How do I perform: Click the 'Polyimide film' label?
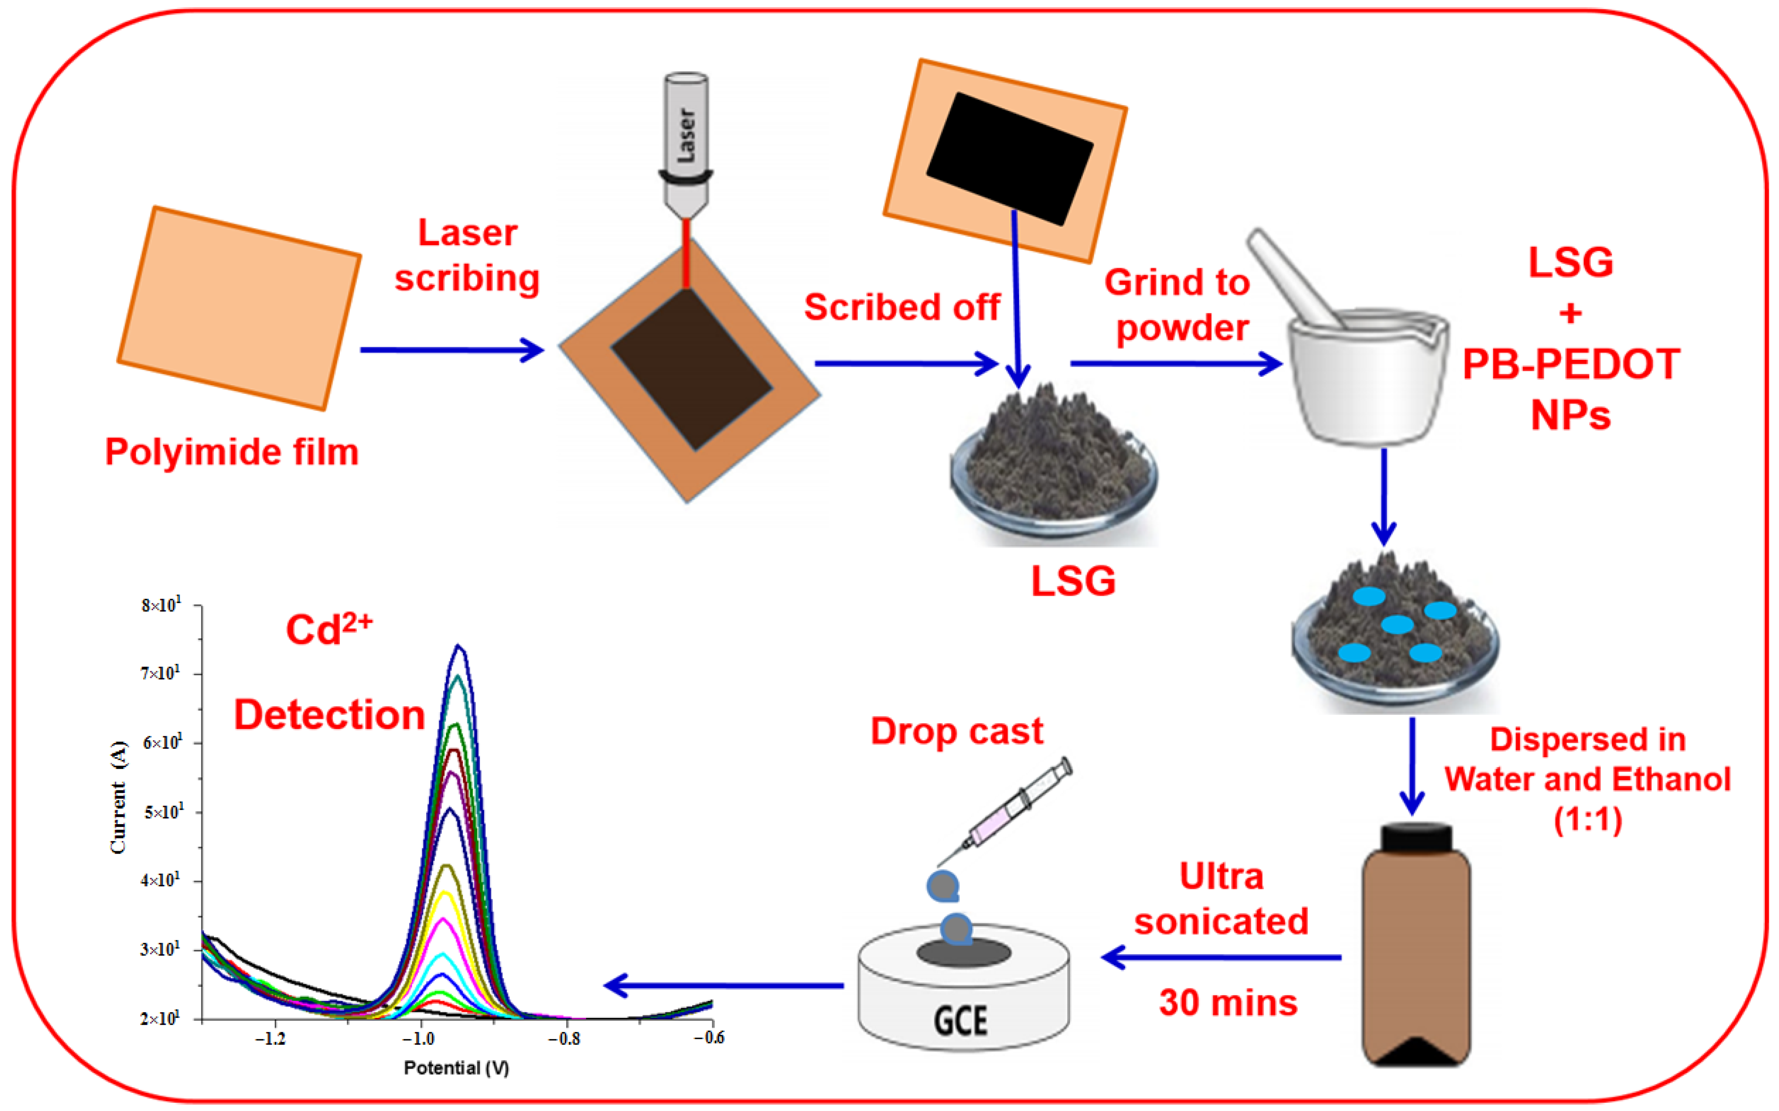tap(232, 452)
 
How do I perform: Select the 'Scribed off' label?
tap(902, 307)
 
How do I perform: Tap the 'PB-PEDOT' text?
tap(1571, 364)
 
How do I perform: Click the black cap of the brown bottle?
tap(1416, 836)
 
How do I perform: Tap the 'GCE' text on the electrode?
tap(960, 1021)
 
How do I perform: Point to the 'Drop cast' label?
tap(956, 731)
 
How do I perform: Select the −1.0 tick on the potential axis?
tap(419, 1038)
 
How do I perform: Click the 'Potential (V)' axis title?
tap(456, 1068)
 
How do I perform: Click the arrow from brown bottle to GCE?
tap(1220, 957)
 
